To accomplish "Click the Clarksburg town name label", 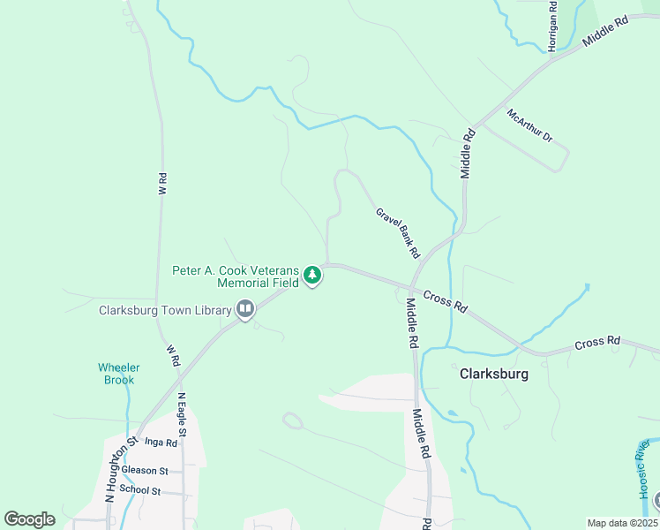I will pos(494,374).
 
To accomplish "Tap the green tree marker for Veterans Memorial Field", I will pos(311,276).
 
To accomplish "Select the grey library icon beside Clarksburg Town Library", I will pos(245,309).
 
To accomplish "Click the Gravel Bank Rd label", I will pos(397,233).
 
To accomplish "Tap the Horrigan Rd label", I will pos(552,26).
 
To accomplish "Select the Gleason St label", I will pos(145,471).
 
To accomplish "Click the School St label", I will pos(139,490).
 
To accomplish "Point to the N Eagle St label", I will pos(182,414).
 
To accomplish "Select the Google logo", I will pos(29,519).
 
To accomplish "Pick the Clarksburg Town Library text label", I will pos(165,310).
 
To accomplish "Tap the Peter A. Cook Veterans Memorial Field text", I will pos(237,276).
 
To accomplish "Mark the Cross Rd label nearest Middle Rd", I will pos(445,301).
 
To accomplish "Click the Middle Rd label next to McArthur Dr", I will pos(468,154).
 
